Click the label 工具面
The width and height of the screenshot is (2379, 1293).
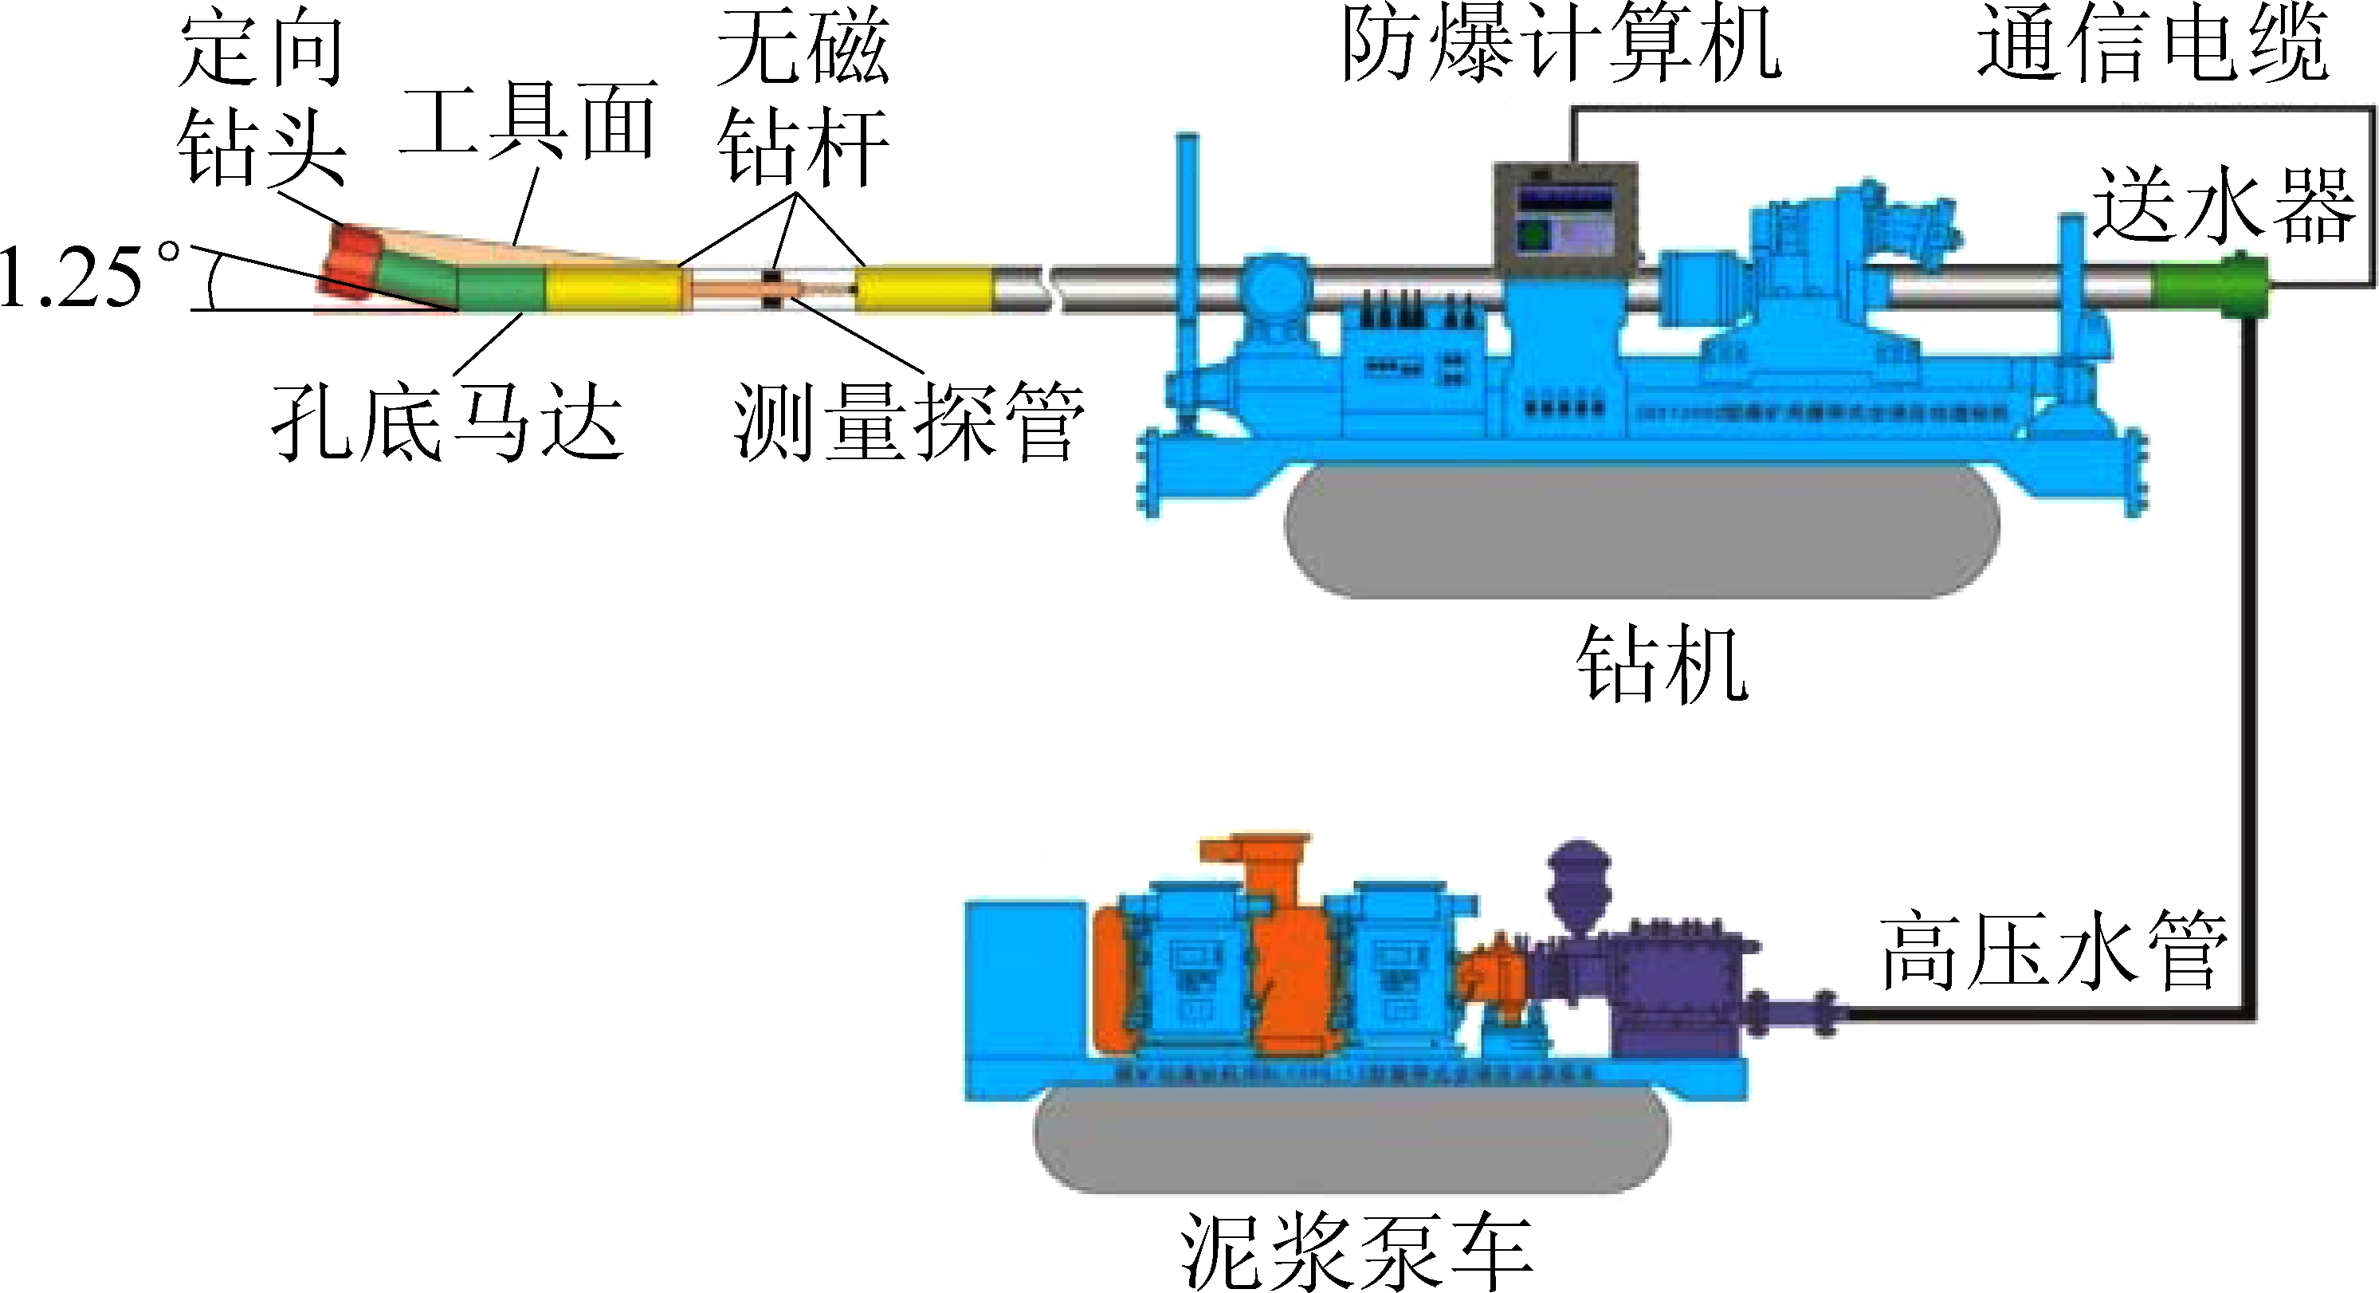pos(528,119)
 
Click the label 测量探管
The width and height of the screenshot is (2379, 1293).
pos(909,423)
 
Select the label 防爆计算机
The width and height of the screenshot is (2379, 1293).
pos(1560,45)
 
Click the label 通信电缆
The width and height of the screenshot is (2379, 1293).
pos(2152,45)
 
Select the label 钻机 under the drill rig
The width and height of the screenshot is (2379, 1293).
pos(1662,663)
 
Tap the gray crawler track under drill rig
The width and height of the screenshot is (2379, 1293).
pos(1642,531)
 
